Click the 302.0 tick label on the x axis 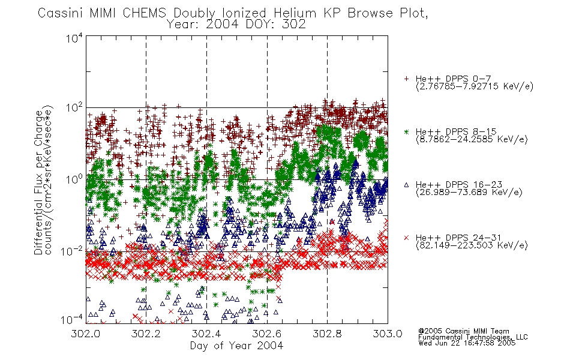(85, 334)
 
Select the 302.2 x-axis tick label (146, 334)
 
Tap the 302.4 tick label (206, 334)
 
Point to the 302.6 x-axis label (267, 334)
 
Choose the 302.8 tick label (327, 334)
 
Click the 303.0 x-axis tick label (388, 334)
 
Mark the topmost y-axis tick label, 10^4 (74, 38)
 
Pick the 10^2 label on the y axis (74, 108)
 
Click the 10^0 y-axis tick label (74, 179)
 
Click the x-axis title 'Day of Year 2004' (236, 346)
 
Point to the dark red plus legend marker (406, 79)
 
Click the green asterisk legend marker (406, 132)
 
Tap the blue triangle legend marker (406, 185)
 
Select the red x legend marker (406, 238)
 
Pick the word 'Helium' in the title (295, 13)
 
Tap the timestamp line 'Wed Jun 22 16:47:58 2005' (467, 343)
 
